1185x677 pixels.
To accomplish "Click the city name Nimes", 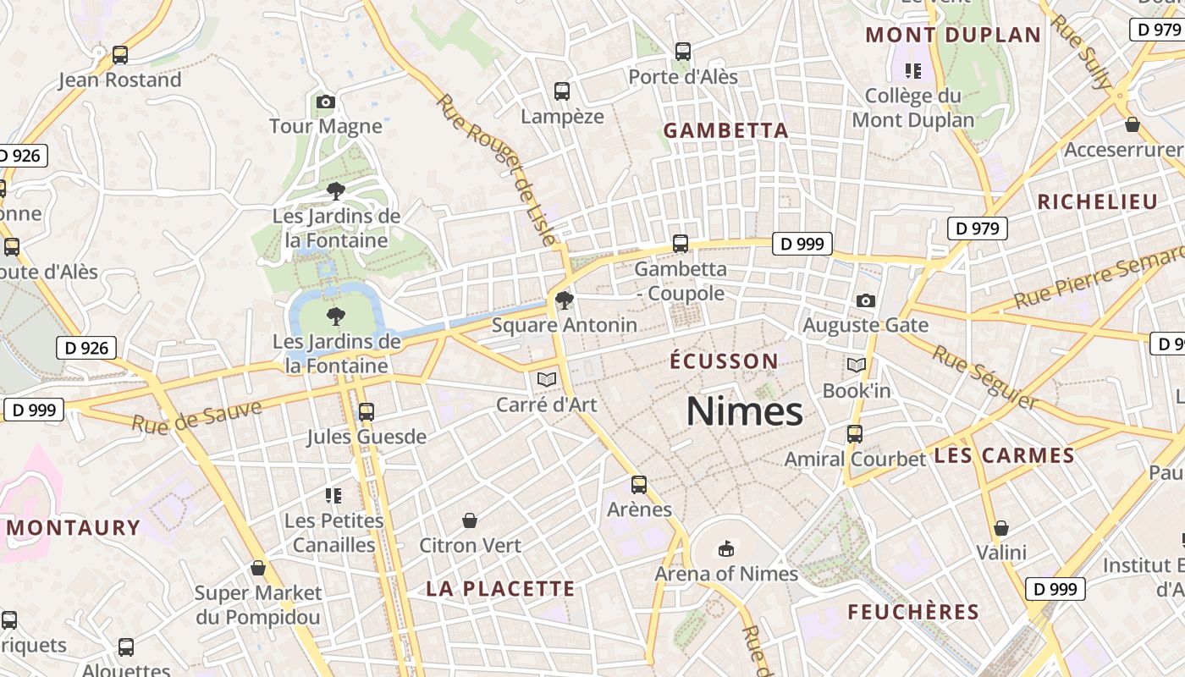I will point(744,412).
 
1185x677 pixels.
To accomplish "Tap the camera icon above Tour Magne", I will point(326,102).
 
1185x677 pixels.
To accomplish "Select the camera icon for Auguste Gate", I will point(865,300).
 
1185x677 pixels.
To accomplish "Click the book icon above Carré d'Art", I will point(547,379).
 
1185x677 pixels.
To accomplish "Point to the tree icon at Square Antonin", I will point(564,300).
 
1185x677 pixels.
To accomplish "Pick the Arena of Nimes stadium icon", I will point(725,549).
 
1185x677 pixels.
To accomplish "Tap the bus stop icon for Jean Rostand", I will point(120,55).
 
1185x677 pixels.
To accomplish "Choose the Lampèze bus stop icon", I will point(562,91).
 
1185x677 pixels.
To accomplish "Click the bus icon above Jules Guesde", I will point(367,412).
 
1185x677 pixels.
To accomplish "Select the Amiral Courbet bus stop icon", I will point(855,434).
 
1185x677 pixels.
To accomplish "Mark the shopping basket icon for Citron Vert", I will point(470,520).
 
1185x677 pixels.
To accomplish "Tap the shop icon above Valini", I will point(1001,528).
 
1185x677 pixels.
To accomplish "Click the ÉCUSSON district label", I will point(724,361).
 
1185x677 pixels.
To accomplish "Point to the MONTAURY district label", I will point(74,528).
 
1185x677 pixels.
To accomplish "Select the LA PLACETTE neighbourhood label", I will point(500,589).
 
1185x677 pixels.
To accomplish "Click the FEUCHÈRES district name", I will point(913,612).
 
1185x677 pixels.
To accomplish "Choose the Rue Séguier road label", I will point(984,377).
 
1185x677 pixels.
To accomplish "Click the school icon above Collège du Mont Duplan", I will point(912,70).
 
